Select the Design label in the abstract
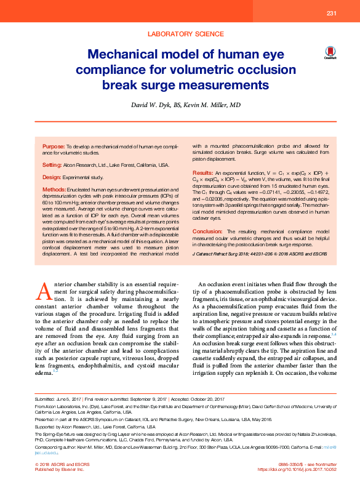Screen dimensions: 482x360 52,177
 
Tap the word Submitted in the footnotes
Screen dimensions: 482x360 46,400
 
